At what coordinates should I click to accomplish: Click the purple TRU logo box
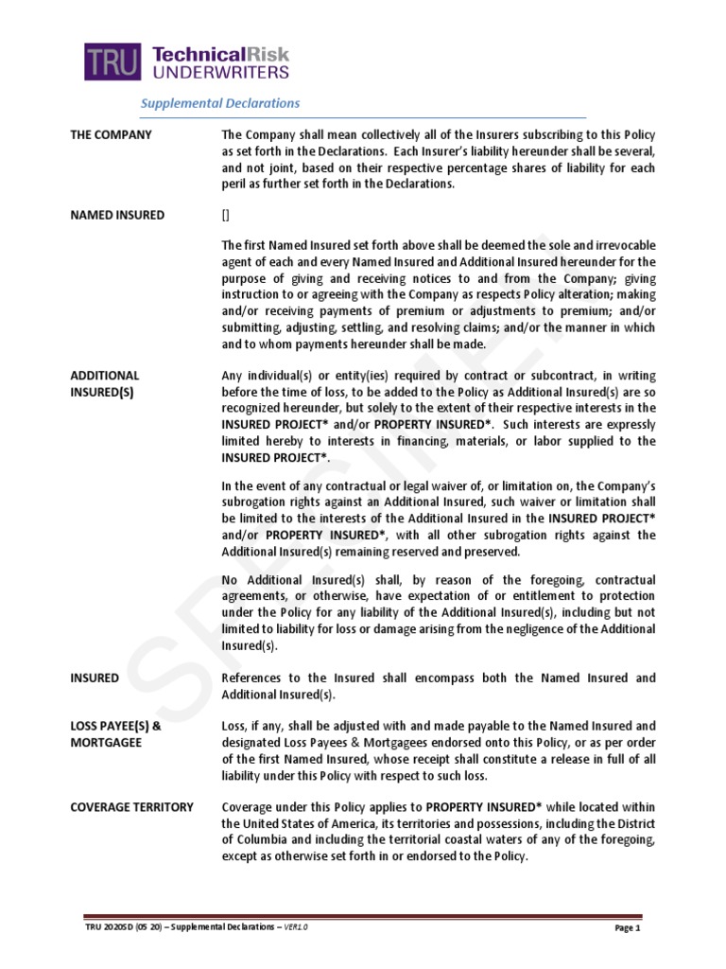112,62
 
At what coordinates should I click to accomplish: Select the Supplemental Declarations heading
220,103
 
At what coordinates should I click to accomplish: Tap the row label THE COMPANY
111,135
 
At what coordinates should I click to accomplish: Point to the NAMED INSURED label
116,215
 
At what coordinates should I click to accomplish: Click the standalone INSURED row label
95,678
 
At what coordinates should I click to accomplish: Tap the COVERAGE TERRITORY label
131,807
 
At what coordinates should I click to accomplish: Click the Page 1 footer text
628,927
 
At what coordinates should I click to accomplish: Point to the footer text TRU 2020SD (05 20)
119,927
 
